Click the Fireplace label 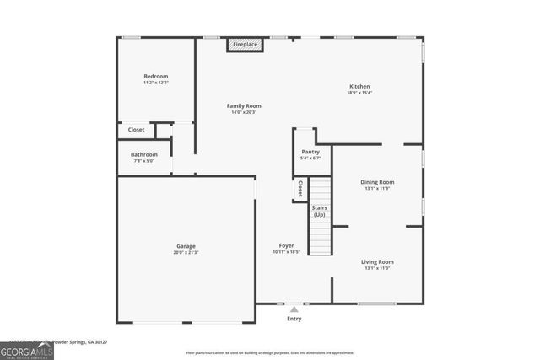tap(246, 44)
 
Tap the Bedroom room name tap(156, 77)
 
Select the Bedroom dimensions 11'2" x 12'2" tap(156, 83)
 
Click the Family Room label tap(244, 106)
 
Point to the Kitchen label tap(360, 86)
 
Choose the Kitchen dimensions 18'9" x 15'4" tap(360, 93)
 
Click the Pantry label tap(310, 152)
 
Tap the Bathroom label tap(144, 154)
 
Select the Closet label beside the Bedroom tap(136, 130)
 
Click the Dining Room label tap(378, 182)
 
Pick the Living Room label tap(378, 261)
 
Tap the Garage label tap(186, 245)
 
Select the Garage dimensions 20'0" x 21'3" tap(186, 252)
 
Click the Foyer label tap(287, 245)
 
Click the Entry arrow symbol tap(294, 309)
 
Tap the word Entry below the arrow tap(294, 319)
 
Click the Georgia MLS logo tap(27, 349)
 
